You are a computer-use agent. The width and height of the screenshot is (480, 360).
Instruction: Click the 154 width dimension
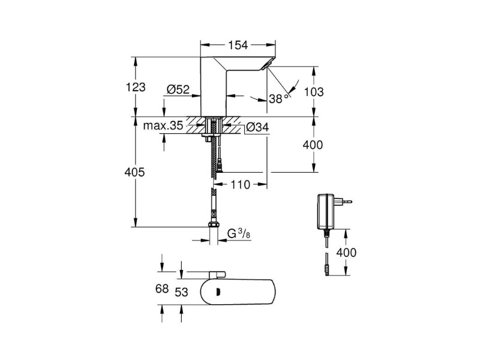[238, 46]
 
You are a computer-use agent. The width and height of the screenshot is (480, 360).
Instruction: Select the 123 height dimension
[136, 87]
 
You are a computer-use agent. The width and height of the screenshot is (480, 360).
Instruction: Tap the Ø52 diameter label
[178, 89]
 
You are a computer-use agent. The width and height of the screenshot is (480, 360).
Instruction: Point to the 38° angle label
[279, 98]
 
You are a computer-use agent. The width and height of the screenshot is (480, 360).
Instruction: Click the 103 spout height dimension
[313, 92]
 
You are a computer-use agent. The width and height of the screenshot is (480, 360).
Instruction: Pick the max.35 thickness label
[163, 125]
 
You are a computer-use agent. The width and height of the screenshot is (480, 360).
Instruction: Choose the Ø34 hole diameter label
[257, 127]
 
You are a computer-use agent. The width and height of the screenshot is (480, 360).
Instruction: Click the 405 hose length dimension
[134, 172]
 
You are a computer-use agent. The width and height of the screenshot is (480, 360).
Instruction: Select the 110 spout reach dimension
[240, 185]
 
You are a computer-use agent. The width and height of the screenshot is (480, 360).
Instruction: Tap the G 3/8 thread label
[239, 234]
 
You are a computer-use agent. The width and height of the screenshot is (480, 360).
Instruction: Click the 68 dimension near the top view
[162, 289]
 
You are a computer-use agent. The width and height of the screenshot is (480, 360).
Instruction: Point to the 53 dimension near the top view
[181, 292]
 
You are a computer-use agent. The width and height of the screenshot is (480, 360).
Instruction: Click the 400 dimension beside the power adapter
[346, 253]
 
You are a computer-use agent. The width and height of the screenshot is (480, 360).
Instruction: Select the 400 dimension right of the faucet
[313, 145]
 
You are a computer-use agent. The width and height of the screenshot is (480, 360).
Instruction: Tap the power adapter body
[326, 211]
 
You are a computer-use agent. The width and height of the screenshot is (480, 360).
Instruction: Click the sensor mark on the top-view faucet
[218, 291]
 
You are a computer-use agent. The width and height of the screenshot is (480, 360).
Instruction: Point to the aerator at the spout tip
[268, 64]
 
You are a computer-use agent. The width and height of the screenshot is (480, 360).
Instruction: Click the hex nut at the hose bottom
[214, 224]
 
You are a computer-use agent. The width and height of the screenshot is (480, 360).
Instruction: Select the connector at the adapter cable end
[327, 271]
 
